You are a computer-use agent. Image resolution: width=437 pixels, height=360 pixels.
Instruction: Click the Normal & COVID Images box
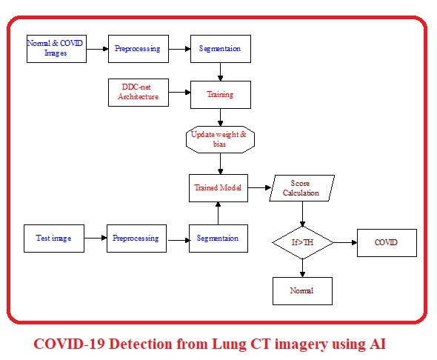coord(56,49)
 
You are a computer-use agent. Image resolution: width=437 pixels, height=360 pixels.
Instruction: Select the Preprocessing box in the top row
coord(137,49)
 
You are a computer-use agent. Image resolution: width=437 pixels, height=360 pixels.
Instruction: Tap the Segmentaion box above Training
coord(220,49)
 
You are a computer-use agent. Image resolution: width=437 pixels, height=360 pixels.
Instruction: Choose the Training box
coord(220,94)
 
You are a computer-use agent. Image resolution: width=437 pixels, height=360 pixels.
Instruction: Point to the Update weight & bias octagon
coord(220,139)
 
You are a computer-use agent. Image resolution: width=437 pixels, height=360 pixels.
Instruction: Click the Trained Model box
coord(217,187)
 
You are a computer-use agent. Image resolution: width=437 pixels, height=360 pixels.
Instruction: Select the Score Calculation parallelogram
coord(301,188)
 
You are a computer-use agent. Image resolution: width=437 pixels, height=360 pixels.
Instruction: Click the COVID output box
coord(386,242)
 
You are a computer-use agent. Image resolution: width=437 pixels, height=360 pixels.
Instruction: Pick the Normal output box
coord(301,290)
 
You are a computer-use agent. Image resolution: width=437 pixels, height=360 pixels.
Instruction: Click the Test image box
coord(53,239)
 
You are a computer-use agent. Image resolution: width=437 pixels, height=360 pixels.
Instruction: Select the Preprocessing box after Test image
coord(136,239)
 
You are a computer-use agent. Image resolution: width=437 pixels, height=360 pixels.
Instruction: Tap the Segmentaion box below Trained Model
coord(218,239)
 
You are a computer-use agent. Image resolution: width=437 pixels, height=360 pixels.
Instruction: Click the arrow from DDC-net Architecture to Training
coord(179,93)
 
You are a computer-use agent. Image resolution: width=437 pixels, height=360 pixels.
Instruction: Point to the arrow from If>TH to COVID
coord(345,242)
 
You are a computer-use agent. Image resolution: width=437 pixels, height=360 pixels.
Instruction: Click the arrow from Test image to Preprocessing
coord(94,239)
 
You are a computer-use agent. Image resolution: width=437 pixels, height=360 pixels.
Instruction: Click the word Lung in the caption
coord(218,344)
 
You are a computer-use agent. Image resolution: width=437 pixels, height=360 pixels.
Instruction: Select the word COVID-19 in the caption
coord(70,344)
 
